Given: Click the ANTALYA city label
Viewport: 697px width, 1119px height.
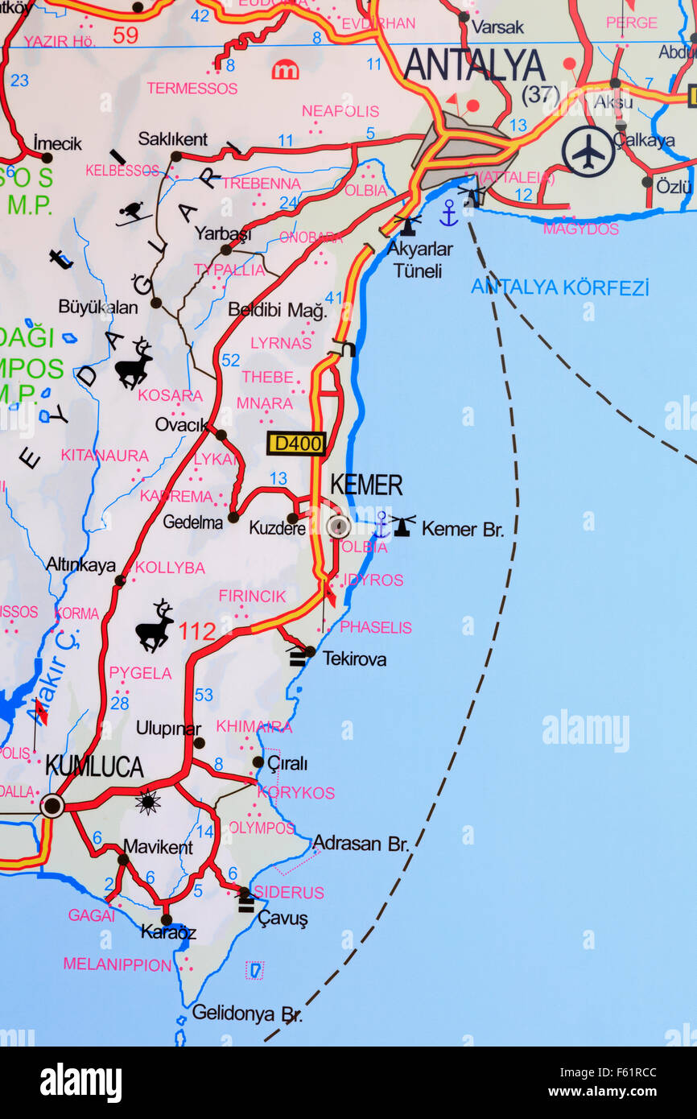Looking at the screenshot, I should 474,64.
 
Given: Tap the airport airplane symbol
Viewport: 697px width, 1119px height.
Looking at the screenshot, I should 588,151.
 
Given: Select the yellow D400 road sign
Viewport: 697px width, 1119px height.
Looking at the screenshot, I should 296,443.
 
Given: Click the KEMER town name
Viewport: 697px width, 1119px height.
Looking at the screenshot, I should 366,485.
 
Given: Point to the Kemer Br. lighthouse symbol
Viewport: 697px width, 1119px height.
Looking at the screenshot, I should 402,526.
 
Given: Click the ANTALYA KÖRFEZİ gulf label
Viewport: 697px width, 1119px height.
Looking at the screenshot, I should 559,287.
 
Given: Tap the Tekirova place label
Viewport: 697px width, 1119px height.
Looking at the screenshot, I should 354,659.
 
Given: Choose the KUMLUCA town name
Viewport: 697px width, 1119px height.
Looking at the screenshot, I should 94,766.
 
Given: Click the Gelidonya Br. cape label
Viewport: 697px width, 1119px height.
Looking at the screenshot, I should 247,1014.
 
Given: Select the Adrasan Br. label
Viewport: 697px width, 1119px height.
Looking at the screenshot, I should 361,843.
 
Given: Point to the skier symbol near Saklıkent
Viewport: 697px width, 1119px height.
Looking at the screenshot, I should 132,213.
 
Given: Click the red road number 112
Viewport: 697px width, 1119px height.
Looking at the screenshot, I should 197,631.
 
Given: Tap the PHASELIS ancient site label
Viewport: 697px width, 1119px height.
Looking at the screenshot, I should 375,627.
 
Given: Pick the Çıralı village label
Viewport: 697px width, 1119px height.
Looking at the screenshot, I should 287,763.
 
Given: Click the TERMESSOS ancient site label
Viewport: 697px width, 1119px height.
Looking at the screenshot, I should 192,88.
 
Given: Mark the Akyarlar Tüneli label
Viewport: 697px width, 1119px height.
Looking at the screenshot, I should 419,259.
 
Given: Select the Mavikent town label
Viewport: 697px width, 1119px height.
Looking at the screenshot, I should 158,847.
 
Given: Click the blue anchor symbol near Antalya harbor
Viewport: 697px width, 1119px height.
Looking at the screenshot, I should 448,213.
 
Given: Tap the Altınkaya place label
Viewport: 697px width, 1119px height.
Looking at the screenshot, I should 80,564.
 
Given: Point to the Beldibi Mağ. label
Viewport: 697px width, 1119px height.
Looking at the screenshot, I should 277,310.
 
